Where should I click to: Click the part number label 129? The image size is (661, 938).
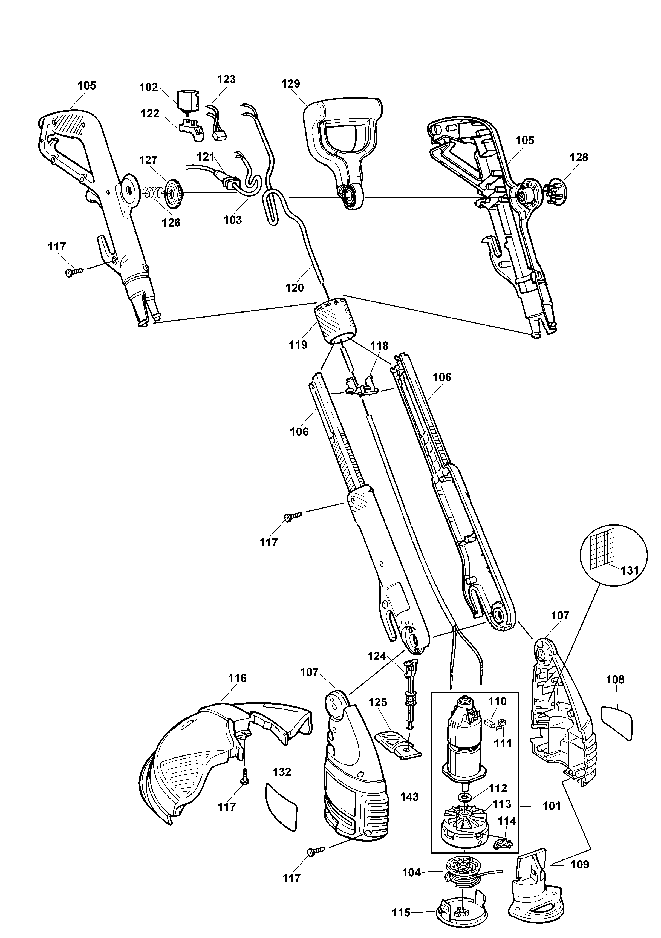pyautogui.click(x=290, y=84)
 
